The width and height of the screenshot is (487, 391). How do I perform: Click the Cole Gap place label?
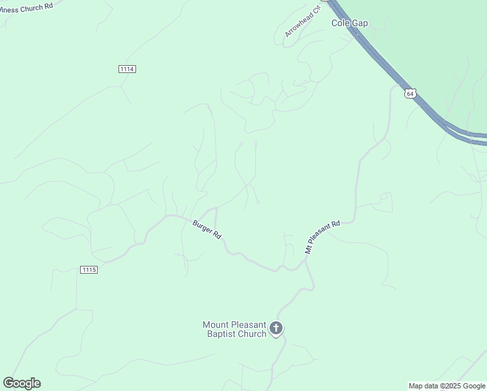(x=350, y=23)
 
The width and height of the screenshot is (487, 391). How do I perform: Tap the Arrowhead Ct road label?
(x=303, y=22)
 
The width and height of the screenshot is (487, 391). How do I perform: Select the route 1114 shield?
(x=128, y=69)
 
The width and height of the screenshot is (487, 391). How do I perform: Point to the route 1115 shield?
(x=89, y=270)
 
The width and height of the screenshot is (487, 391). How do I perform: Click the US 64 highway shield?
(x=410, y=93)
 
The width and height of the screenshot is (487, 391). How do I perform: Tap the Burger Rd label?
(x=207, y=229)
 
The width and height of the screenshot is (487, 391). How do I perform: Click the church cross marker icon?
(x=277, y=328)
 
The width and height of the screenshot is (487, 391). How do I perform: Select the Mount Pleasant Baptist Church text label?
(x=235, y=329)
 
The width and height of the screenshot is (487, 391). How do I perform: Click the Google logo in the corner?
(x=21, y=383)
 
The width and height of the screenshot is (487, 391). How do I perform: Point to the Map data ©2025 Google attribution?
(x=447, y=386)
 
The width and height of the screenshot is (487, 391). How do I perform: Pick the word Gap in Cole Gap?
(x=360, y=23)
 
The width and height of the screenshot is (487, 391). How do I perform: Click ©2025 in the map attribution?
(x=452, y=386)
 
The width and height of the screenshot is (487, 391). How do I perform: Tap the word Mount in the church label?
(x=216, y=325)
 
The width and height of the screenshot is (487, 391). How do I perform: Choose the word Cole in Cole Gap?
(x=341, y=23)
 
